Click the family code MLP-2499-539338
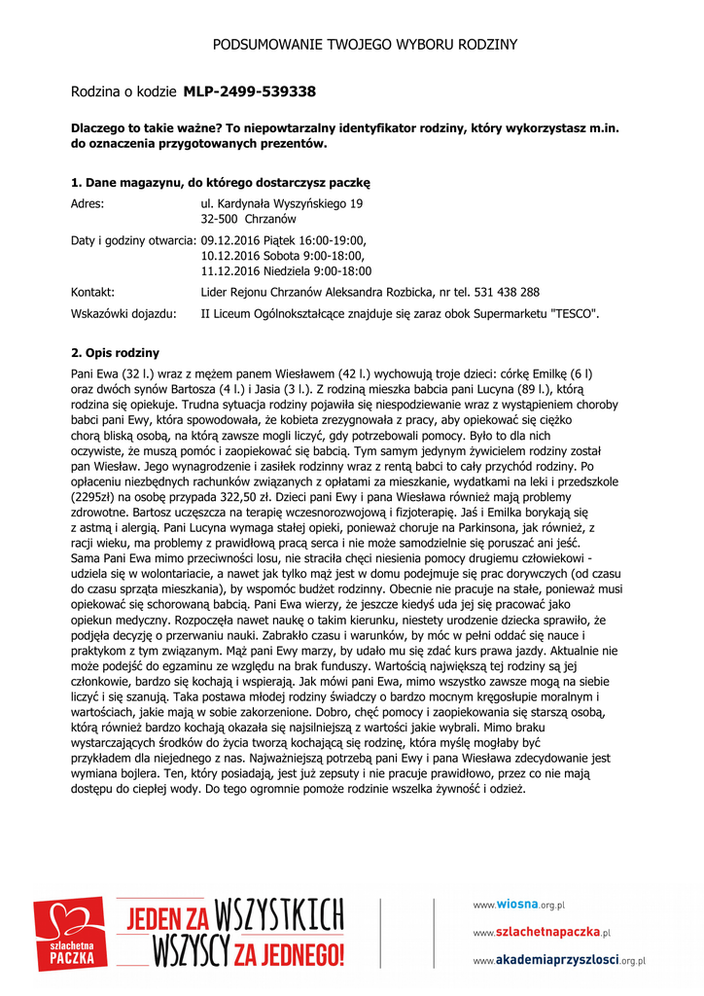[249, 91]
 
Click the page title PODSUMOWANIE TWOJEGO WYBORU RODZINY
[365, 45]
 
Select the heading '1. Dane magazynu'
[221, 183]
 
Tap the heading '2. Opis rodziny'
[116, 353]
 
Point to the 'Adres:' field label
[88, 204]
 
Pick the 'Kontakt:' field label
[93, 292]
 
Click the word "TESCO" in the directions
[574, 314]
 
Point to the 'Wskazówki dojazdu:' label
[124, 314]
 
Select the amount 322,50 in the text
[222, 496]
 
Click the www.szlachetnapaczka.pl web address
[542, 933]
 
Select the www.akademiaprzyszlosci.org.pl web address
[559, 961]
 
